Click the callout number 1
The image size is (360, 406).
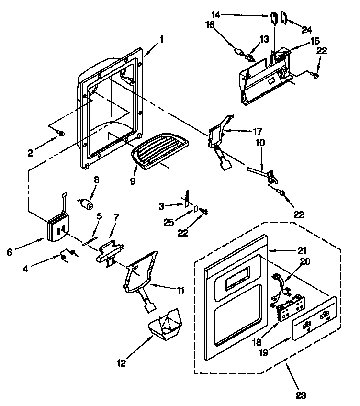click(x=161, y=40)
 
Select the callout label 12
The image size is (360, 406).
click(x=121, y=363)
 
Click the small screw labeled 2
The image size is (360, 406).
click(x=60, y=132)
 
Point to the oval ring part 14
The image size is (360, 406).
click(x=274, y=18)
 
